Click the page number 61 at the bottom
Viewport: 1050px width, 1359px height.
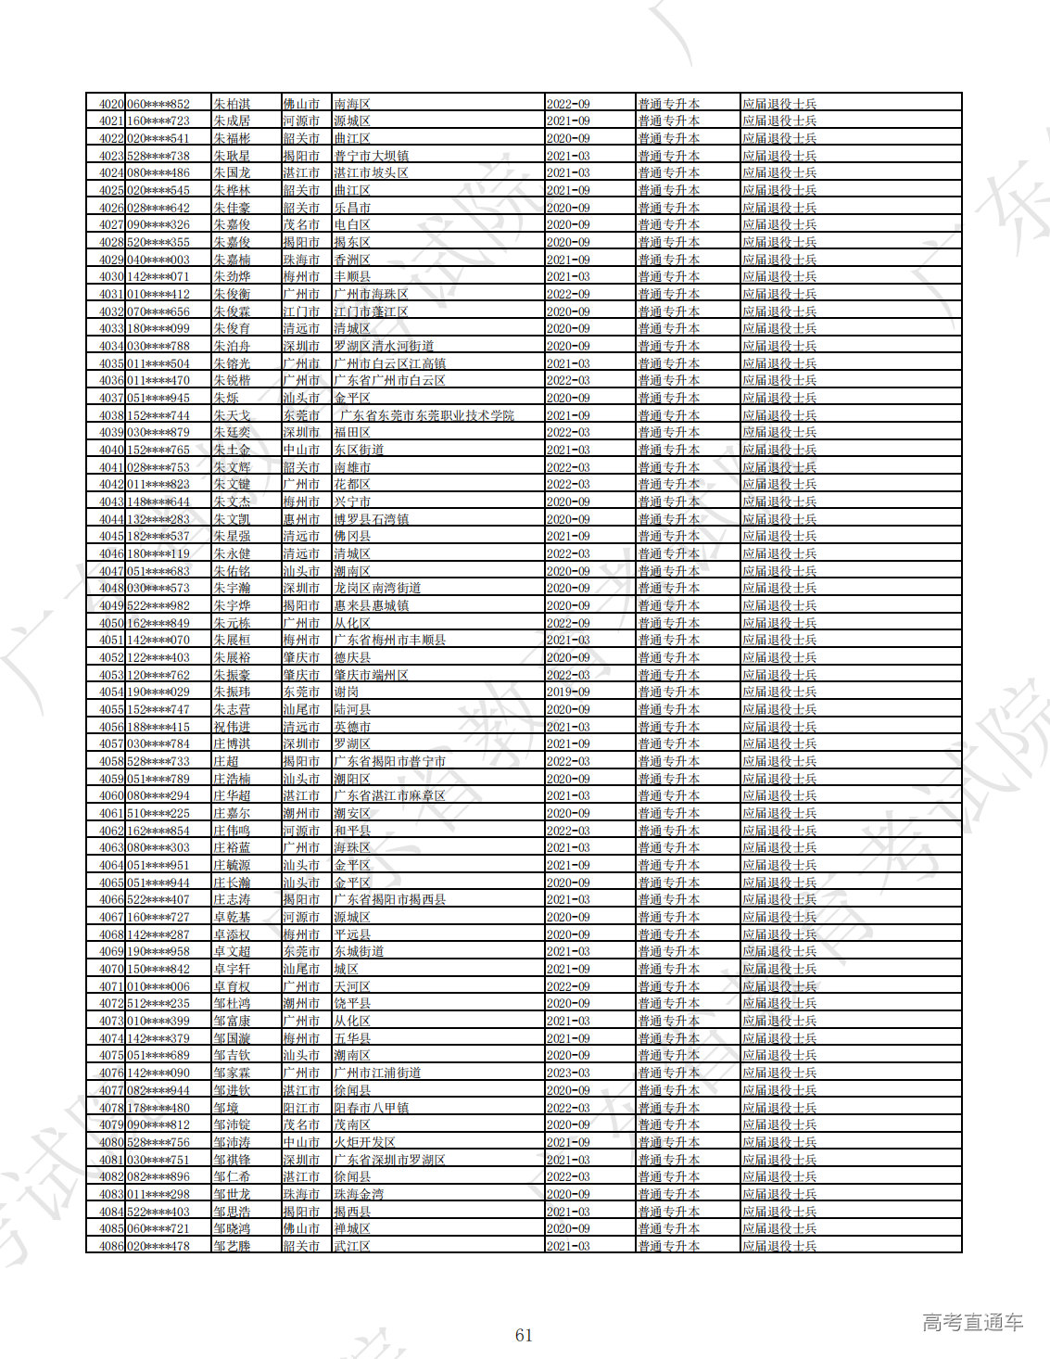(x=524, y=1335)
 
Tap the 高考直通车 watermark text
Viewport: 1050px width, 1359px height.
(x=972, y=1322)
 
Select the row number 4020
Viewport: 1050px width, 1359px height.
(x=111, y=104)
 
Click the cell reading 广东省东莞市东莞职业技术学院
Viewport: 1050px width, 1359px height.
(x=426, y=415)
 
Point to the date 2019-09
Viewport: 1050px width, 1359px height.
(x=568, y=692)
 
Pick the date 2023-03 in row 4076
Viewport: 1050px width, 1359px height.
(x=568, y=1073)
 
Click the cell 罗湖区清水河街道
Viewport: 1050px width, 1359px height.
(x=384, y=346)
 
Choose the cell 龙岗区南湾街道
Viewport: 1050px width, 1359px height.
(x=377, y=588)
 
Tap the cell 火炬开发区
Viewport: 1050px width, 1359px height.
(x=364, y=1142)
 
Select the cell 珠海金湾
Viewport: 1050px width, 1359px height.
(x=359, y=1194)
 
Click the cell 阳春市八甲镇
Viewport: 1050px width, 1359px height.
(x=371, y=1108)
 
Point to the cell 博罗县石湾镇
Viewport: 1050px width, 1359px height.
(x=371, y=519)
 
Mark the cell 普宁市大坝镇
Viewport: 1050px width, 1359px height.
(x=371, y=156)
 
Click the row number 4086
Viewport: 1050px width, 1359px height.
(x=111, y=1246)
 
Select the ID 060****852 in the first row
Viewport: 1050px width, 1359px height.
(x=158, y=104)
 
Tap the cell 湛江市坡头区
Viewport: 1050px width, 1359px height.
(x=371, y=172)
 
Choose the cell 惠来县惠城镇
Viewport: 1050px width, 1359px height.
(x=371, y=605)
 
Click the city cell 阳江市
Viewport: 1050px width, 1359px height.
(x=301, y=1108)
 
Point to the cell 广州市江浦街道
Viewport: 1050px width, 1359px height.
(x=377, y=1073)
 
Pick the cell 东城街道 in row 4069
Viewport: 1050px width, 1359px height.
(x=359, y=951)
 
